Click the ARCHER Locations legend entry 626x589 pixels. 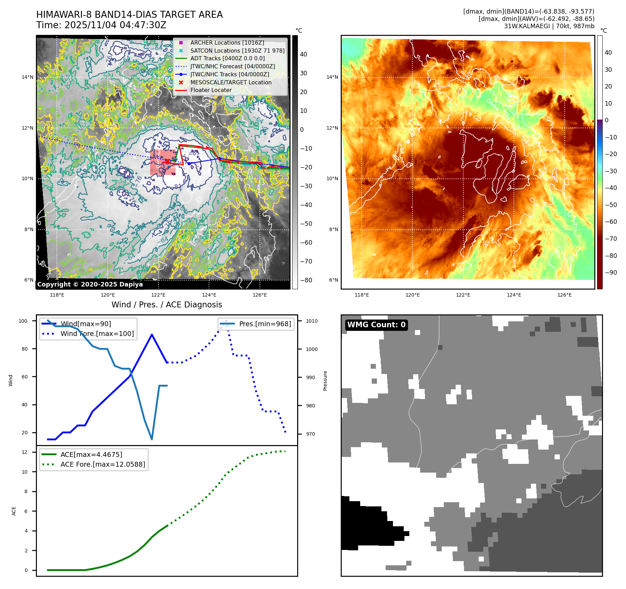coord(227,43)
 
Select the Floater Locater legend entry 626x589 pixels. coord(211,90)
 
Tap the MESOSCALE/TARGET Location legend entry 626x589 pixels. coord(231,82)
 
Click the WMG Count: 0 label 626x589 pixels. coord(376,325)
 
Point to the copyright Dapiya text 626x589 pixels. coord(90,284)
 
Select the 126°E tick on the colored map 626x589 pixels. coord(564,295)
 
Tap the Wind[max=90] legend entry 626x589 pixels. coord(86,324)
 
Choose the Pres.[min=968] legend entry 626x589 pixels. coord(265,324)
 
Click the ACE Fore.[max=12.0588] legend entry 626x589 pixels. coord(102,464)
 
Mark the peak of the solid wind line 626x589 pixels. coord(152,335)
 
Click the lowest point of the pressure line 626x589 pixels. coord(152,439)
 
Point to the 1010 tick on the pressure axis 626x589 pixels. coord(312,321)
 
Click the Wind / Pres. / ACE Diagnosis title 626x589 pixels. coord(167,305)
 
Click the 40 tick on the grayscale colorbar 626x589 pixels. coord(303,54)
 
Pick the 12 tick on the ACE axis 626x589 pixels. coord(24,452)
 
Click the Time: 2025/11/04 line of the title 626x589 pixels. coord(101,25)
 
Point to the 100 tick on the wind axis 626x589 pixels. coord(23,321)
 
